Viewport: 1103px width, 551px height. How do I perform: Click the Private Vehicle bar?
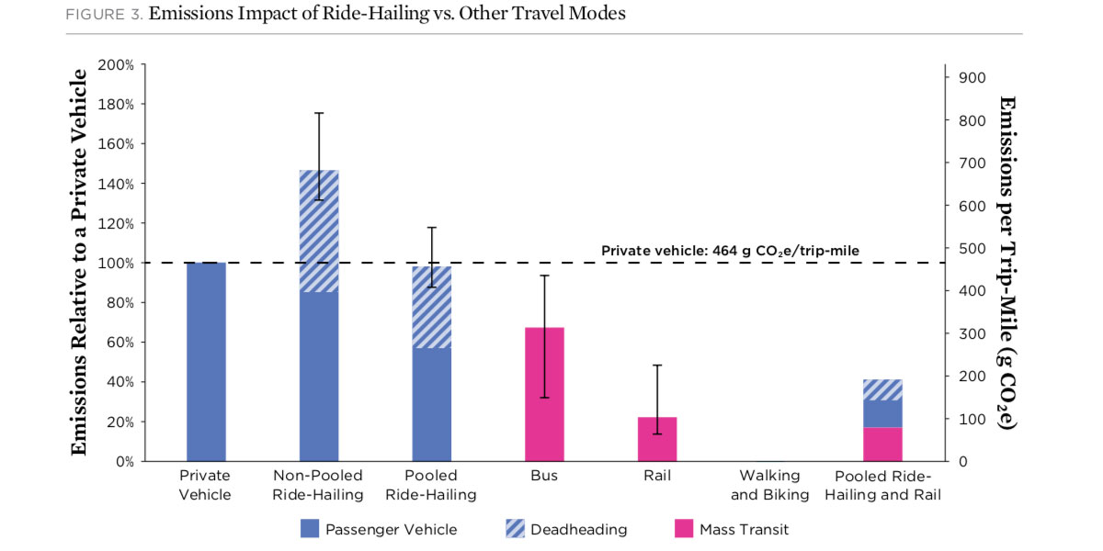click(x=206, y=362)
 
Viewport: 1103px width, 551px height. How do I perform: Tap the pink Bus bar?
click(x=544, y=394)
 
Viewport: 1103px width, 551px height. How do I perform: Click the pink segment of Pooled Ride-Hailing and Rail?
click(x=882, y=444)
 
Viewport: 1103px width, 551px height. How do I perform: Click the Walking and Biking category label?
click(x=770, y=485)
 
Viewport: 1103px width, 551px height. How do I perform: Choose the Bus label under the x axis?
click(x=544, y=476)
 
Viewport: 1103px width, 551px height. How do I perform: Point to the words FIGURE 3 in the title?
click(x=103, y=15)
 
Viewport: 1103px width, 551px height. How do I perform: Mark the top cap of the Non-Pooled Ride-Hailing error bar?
click(x=319, y=113)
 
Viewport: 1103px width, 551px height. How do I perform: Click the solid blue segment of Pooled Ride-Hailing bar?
click(x=432, y=404)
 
